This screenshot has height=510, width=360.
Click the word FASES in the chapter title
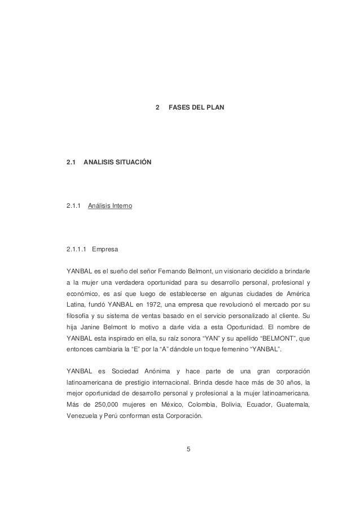click(179, 107)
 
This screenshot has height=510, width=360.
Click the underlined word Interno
click(121, 207)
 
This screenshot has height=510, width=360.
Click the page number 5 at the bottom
click(189, 450)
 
